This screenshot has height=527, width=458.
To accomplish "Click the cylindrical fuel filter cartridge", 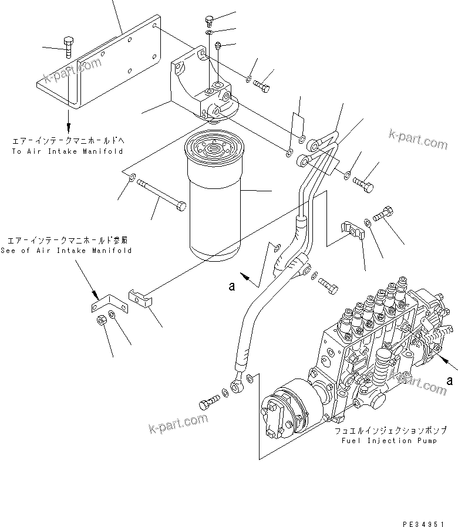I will (x=214, y=200).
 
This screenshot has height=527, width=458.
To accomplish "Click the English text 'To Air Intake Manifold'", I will (x=67, y=151).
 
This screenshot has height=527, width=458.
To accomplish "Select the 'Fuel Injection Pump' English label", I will (x=386, y=441).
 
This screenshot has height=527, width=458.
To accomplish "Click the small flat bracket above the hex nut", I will (x=106, y=305).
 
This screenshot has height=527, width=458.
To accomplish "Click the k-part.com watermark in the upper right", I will (x=417, y=140).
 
